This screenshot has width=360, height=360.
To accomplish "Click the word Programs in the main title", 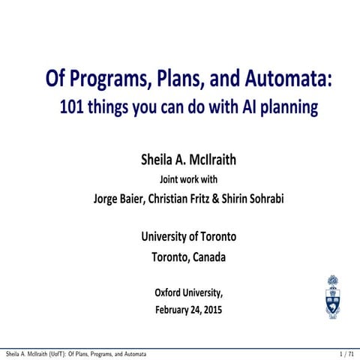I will coord(114,79).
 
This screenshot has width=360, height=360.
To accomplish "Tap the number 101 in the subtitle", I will coord(72,109).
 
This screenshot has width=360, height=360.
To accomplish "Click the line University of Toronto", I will coord(189,237).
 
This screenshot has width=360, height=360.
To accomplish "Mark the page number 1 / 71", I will coord(345,352).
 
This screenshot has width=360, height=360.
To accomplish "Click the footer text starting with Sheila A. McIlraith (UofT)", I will coord(75,352).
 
